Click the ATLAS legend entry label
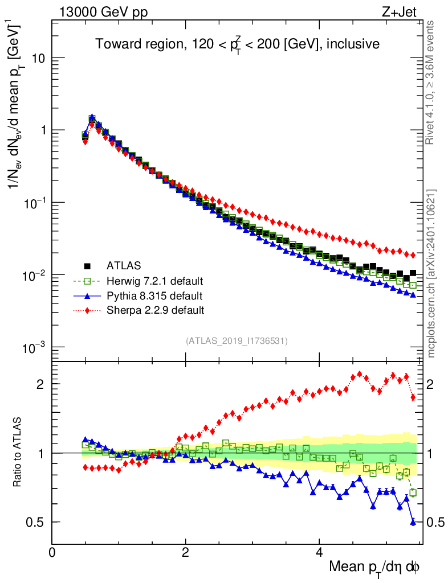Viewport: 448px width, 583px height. [124, 266]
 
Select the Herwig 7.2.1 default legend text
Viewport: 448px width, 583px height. [154, 281]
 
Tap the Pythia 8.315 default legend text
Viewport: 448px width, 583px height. [154, 296]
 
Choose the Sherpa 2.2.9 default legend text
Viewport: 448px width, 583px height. [155, 310]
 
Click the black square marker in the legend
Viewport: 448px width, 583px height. [87, 266]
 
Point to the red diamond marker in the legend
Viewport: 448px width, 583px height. [87, 310]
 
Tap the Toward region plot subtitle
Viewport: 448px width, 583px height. [237, 44]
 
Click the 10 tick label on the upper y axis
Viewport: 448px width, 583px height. [38, 59]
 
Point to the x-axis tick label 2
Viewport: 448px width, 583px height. [185, 552]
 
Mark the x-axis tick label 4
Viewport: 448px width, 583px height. [319, 552]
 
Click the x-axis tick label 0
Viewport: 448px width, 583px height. [52, 552]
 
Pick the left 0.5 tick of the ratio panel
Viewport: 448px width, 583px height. [37, 522]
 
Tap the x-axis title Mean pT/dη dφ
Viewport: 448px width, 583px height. [374, 567]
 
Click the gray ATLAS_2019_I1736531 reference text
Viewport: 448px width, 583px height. [237, 341]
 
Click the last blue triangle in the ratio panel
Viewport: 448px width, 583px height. [413, 522]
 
